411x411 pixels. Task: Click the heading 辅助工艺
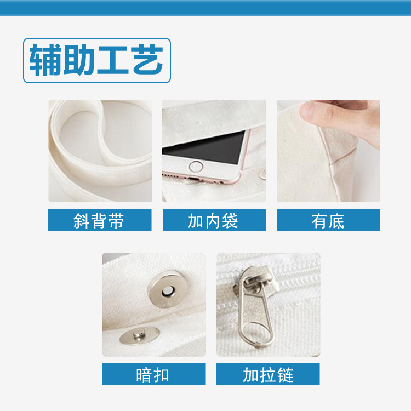[96, 60]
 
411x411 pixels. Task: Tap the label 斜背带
[99, 221]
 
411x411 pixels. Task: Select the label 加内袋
[213, 221]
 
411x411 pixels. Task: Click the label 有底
[328, 221]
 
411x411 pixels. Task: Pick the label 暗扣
[152, 375]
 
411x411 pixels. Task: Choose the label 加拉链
[268, 375]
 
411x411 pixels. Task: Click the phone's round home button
[196, 167]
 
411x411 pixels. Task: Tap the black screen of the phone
[204, 147]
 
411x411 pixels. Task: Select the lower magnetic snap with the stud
[139, 335]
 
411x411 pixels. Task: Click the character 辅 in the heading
[45, 60]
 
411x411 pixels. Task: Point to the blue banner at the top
[206, 8]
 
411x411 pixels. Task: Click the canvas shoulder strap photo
[100, 151]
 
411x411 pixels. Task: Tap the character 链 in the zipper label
[286, 375]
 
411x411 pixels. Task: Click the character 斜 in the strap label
[82, 221]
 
